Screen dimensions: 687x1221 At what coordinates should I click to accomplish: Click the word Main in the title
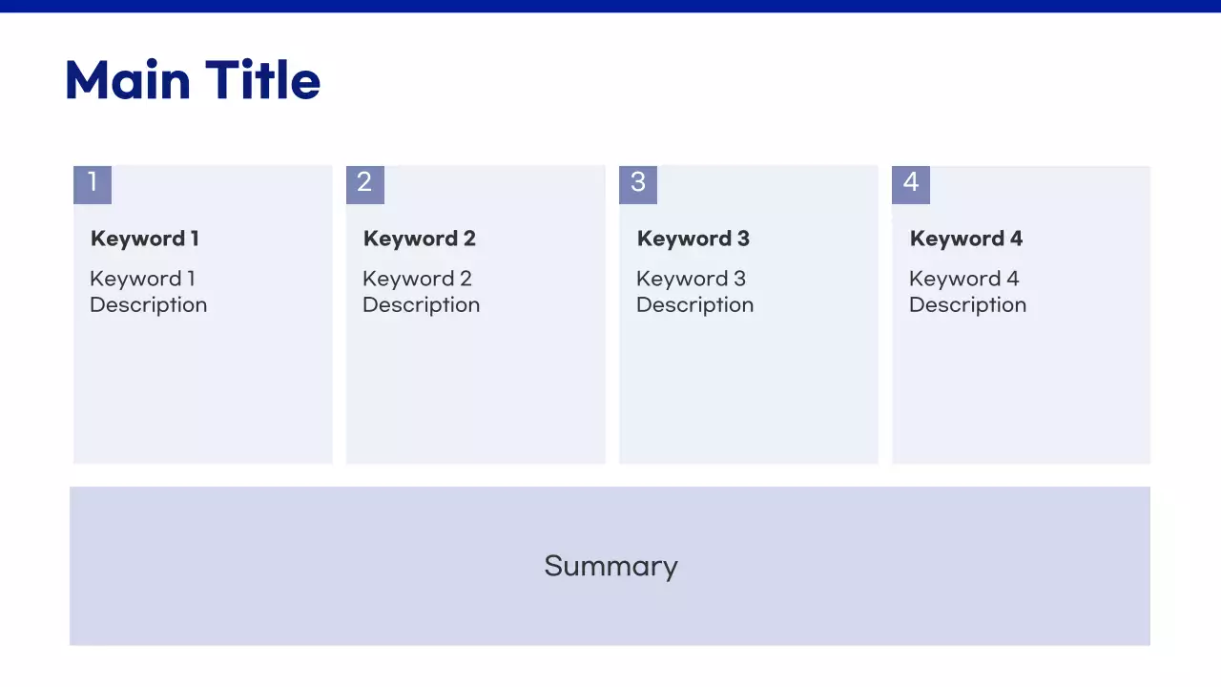pyautogui.click(x=127, y=80)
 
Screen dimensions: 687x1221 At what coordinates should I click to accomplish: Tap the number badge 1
pyautogui.click(x=93, y=184)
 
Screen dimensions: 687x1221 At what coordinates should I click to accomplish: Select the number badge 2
pyautogui.click(x=364, y=184)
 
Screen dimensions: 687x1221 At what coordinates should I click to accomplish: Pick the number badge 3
pyautogui.click(x=638, y=184)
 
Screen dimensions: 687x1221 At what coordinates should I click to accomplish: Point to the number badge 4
pyautogui.click(x=911, y=184)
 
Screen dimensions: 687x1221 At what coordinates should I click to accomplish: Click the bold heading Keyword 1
pyautogui.click(x=144, y=239)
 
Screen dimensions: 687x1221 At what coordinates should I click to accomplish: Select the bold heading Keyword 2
pyautogui.click(x=419, y=239)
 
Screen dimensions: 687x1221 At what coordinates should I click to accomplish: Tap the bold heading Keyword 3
pyautogui.click(x=693, y=239)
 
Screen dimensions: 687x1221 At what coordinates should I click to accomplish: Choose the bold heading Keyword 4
pyautogui.click(x=965, y=239)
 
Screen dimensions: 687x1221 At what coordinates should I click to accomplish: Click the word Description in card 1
pyautogui.click(x=148, y=305)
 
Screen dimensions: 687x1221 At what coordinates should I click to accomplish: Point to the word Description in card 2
pyautogui.click(x=421, y=305)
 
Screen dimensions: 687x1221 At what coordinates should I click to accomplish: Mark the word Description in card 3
pyautogui.click(x=694, y=305)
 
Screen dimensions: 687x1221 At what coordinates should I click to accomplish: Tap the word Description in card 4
pyautogui.click(x=967, y=305)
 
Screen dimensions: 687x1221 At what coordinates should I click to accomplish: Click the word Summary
pyautogui.click(x=610, y=566)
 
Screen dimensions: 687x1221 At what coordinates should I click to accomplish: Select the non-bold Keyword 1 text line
pyautogui.click(x=142, y=279)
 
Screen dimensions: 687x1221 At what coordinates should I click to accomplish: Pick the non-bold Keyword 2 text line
pyautogui.click(x=417, y=279)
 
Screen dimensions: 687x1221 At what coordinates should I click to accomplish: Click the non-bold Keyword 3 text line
pyautogui.click(x=691, y=279)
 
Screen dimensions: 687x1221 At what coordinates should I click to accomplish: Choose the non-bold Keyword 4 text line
pyautogui.click(x=963, y=279)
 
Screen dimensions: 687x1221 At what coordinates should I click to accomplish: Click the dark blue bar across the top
pyautogui.click(x=610, y=6)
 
